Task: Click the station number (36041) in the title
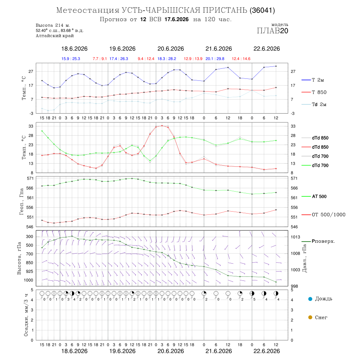262,10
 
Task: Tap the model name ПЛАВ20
272,31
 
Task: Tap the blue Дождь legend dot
310,299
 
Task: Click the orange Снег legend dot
310,317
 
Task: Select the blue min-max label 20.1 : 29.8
215,59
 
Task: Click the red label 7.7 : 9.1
100,59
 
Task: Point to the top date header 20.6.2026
170,49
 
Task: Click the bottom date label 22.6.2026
266,351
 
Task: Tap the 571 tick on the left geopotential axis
30,178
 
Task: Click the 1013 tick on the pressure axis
295,237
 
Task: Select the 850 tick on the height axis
29,263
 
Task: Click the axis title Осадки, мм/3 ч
26,315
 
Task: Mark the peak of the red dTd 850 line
162,126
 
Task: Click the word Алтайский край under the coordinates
55,36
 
